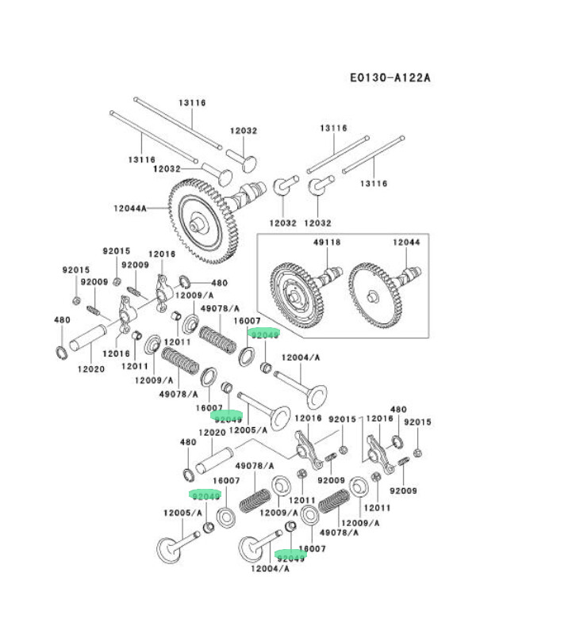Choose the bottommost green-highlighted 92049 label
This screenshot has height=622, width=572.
291,558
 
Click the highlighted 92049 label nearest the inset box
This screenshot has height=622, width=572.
264,334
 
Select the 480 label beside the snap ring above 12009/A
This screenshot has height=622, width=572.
218,283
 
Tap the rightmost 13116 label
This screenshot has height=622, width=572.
373,183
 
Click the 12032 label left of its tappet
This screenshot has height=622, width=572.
167,169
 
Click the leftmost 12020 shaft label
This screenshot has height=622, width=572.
91,368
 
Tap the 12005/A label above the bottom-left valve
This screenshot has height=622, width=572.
179,513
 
